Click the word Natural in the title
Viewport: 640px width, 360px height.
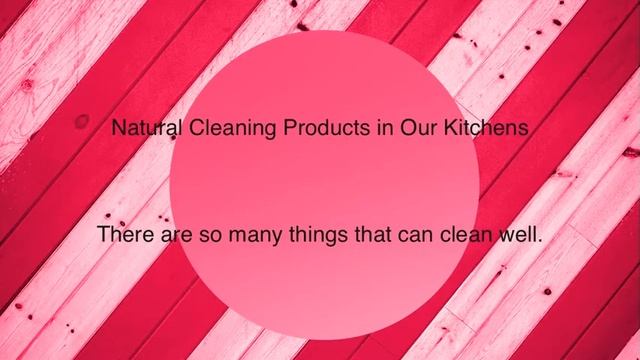[145, 130]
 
